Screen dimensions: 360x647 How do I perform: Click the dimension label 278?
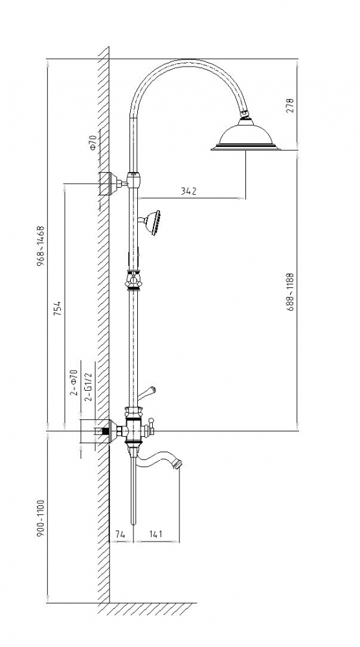(290, 105)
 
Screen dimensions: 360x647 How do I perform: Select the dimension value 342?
(188, 191)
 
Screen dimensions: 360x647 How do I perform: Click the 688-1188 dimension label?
(290, 291)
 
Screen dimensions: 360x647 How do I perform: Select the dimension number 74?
(120, 534)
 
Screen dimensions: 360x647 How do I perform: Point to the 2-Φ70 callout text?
(74, 383)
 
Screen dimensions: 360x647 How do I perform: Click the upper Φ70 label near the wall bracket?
(93, 142)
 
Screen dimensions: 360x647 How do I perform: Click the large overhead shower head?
(245, 135)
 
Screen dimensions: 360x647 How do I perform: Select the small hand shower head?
(152, 223)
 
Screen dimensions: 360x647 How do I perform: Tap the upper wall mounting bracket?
(109, 183)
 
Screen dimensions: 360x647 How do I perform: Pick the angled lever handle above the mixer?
(146, 393)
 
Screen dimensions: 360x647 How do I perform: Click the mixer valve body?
(134, 430)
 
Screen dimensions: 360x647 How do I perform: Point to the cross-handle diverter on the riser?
(133, 281)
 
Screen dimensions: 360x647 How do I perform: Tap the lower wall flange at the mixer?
(104, 431)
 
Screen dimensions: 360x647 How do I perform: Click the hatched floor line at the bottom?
(153, 609)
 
